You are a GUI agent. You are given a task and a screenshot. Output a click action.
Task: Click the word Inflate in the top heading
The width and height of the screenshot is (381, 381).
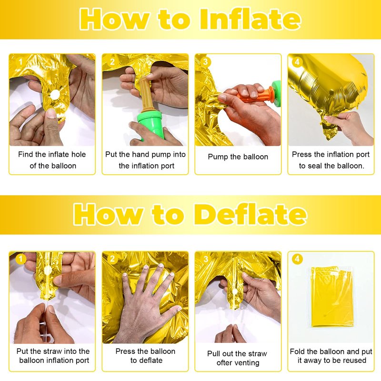point(251,19)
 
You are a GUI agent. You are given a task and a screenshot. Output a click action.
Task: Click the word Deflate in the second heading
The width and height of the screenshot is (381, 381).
point(251,214)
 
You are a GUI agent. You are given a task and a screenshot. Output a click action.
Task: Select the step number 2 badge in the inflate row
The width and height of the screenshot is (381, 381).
point(112,62)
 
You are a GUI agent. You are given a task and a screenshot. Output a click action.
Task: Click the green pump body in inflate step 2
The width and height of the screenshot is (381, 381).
point(150,124)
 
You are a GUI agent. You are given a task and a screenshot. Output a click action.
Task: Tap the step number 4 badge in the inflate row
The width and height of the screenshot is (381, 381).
point(297,62)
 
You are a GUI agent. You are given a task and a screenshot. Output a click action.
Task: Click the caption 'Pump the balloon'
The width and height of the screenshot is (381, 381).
point(238,157)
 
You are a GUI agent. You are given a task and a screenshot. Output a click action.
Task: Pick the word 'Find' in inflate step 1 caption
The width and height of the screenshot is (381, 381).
point(25,154)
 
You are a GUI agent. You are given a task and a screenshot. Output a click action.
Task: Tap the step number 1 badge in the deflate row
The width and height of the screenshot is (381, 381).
point(20,259)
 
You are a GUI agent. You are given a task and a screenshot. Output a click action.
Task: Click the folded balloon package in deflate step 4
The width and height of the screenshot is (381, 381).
point(331,297)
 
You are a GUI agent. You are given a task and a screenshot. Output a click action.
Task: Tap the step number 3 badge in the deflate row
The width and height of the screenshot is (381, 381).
point(205,259)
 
